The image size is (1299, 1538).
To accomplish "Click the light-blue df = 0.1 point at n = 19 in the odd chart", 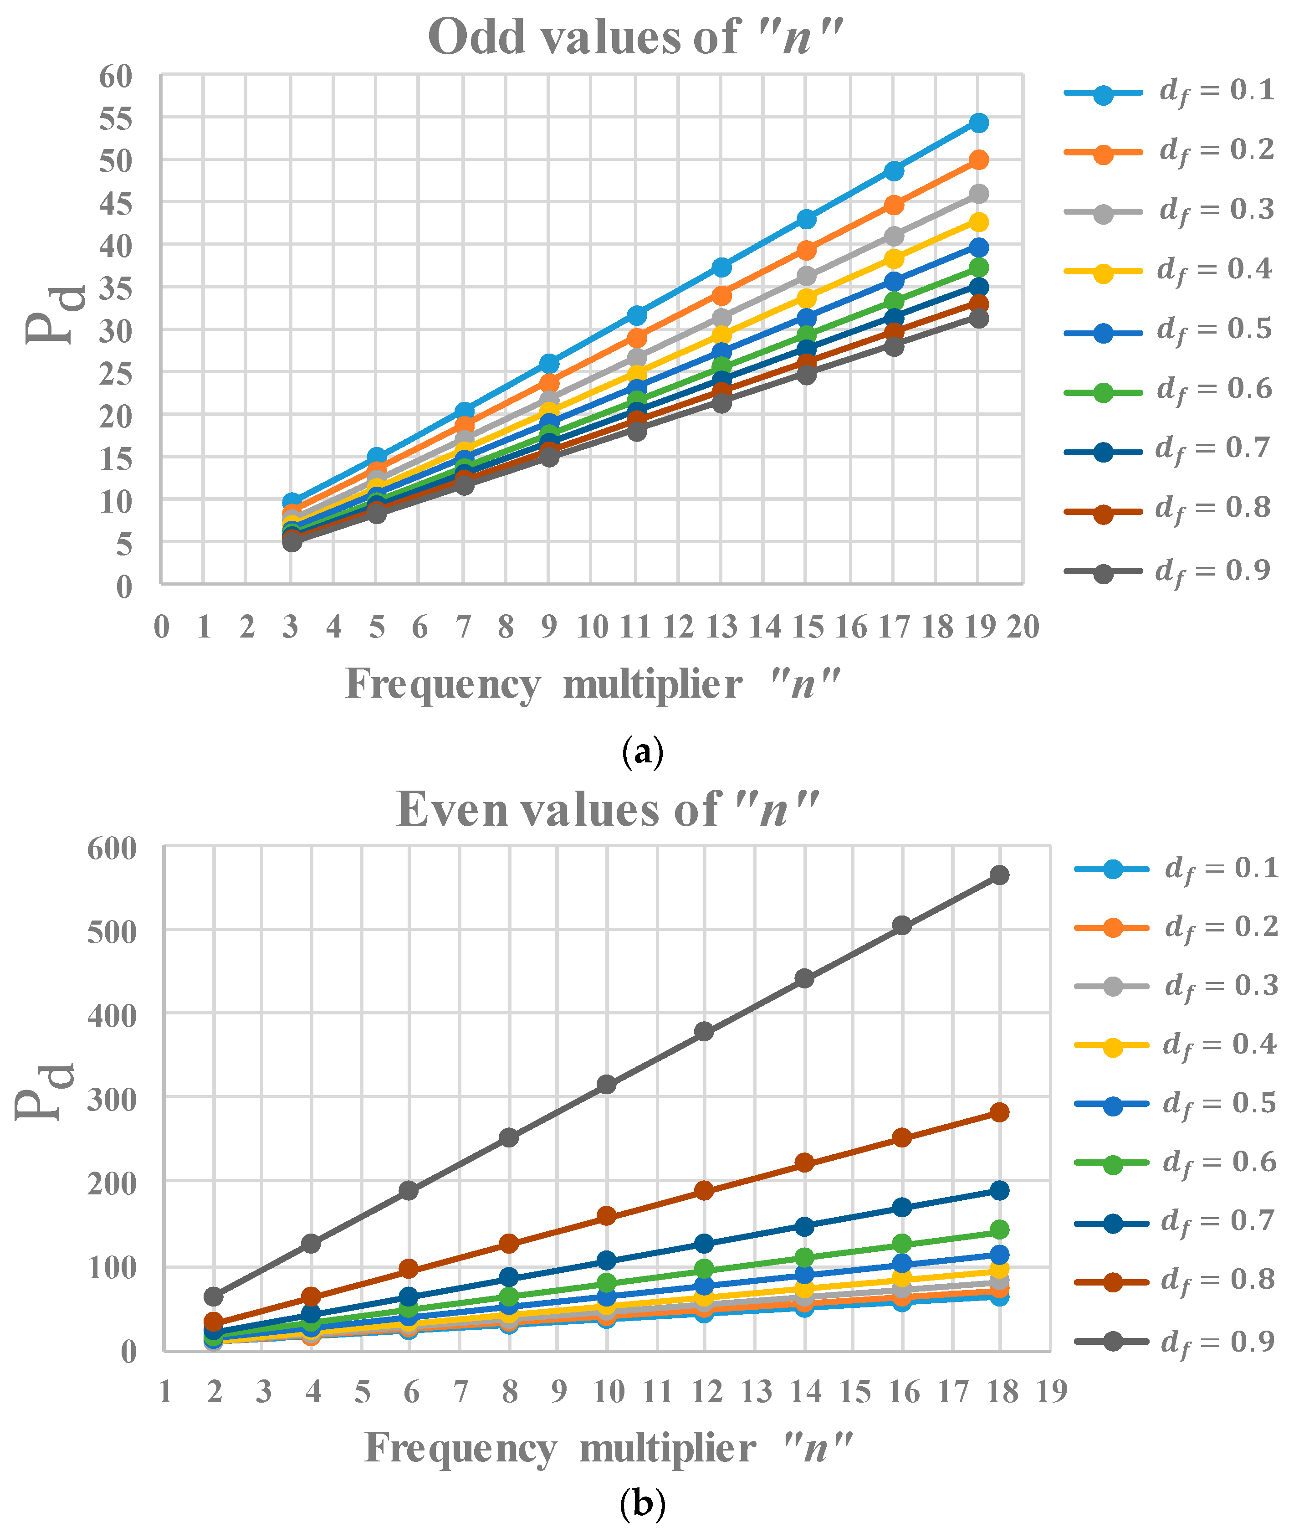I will point(978,122).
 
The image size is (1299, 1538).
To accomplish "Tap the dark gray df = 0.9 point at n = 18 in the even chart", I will point(999,874).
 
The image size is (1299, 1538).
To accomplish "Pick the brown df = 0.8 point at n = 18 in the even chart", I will point(999,1111).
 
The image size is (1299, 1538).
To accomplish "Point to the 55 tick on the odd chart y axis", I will point(116,118).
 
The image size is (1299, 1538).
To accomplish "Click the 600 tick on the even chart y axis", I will point(112,849).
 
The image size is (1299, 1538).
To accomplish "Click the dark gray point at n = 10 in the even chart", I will point(606,1084).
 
